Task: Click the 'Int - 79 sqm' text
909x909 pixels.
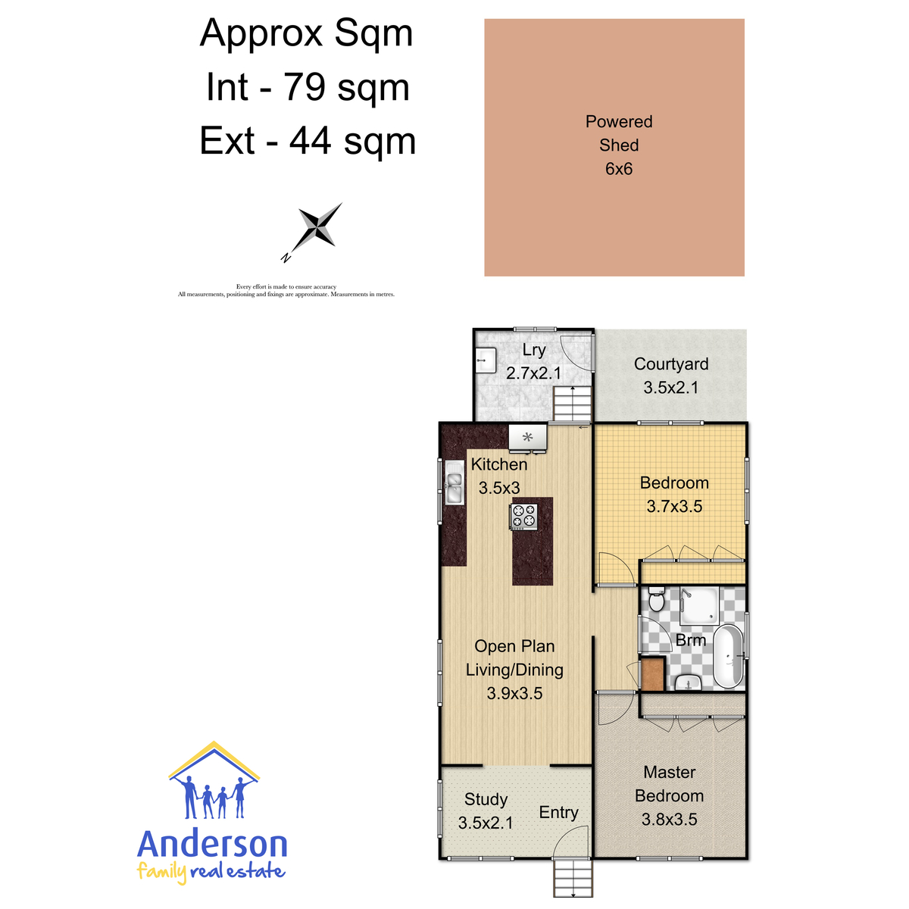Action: [308, 87]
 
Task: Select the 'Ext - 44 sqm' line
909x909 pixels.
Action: [308, 141]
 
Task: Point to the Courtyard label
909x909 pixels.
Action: [671, 364]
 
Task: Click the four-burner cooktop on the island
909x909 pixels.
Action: [523, 517]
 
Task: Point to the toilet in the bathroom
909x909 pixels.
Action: [656, 599]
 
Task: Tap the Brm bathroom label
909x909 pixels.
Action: [691, 640]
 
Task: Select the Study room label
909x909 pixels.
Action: [486, 799]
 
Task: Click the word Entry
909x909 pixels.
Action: [558, 812]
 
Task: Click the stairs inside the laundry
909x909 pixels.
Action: [572, 403]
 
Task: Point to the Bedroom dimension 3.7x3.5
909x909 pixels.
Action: [674, 506]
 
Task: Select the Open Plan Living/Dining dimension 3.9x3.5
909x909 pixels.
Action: [514, 693]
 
